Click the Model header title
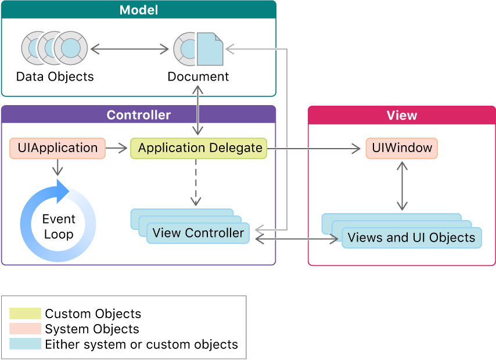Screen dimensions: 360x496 138,10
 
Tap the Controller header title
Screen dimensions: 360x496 138,115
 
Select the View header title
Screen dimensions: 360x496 401,115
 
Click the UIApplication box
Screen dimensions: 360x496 57,148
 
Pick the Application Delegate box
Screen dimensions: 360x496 199,149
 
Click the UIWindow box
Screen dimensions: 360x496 401,148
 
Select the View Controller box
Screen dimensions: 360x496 198,233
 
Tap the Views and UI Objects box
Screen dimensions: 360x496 411,237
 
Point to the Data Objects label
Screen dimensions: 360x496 55,77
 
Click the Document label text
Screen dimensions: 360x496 198,77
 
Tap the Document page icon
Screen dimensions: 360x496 209,49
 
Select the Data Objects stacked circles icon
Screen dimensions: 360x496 55,48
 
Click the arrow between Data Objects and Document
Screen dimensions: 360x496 130,49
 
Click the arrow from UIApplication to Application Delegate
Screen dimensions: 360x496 117,149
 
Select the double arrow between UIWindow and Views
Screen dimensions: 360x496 401,186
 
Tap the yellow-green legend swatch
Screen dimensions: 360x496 26,314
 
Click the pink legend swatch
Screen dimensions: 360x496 26,329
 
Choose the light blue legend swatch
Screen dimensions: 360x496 26,344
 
